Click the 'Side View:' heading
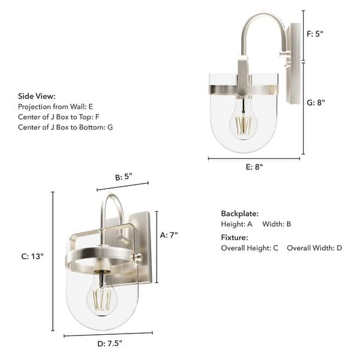pos(37,95)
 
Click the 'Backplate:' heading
pos(239,213)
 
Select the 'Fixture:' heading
pos(235,237)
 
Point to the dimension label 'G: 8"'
pos(316,103)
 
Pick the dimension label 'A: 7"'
pos(169,235)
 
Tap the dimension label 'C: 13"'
pos(32,256)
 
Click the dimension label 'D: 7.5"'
pos(109,344)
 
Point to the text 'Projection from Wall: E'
pos(56,106)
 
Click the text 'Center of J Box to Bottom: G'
pos(65,127)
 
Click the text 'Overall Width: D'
pos(314,248)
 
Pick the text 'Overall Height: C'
pos(250,248)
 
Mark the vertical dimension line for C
pos(53,262)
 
